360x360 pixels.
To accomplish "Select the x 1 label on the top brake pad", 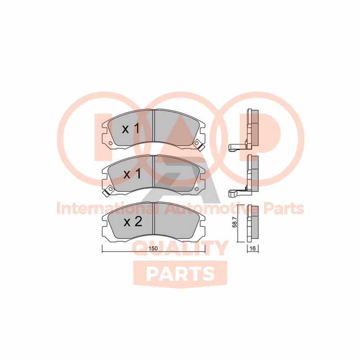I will pos(131,129).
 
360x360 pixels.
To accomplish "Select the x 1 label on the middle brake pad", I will pos(131,174).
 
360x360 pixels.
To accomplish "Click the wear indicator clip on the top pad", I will pos(197,144).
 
